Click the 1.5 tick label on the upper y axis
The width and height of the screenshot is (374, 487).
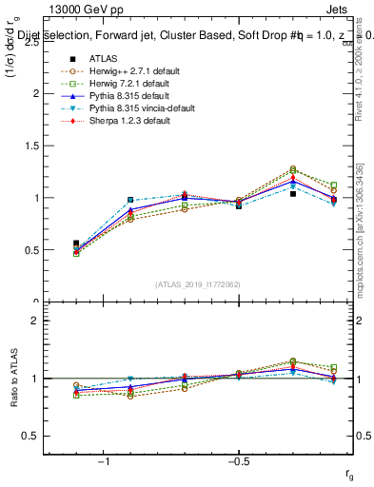pyautogui.click(x=30, y=146)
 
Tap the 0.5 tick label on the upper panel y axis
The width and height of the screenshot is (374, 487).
pyautogui.click(x=30, y=250)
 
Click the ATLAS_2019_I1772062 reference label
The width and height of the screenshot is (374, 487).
pyautogui.click(x=198, y=284)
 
